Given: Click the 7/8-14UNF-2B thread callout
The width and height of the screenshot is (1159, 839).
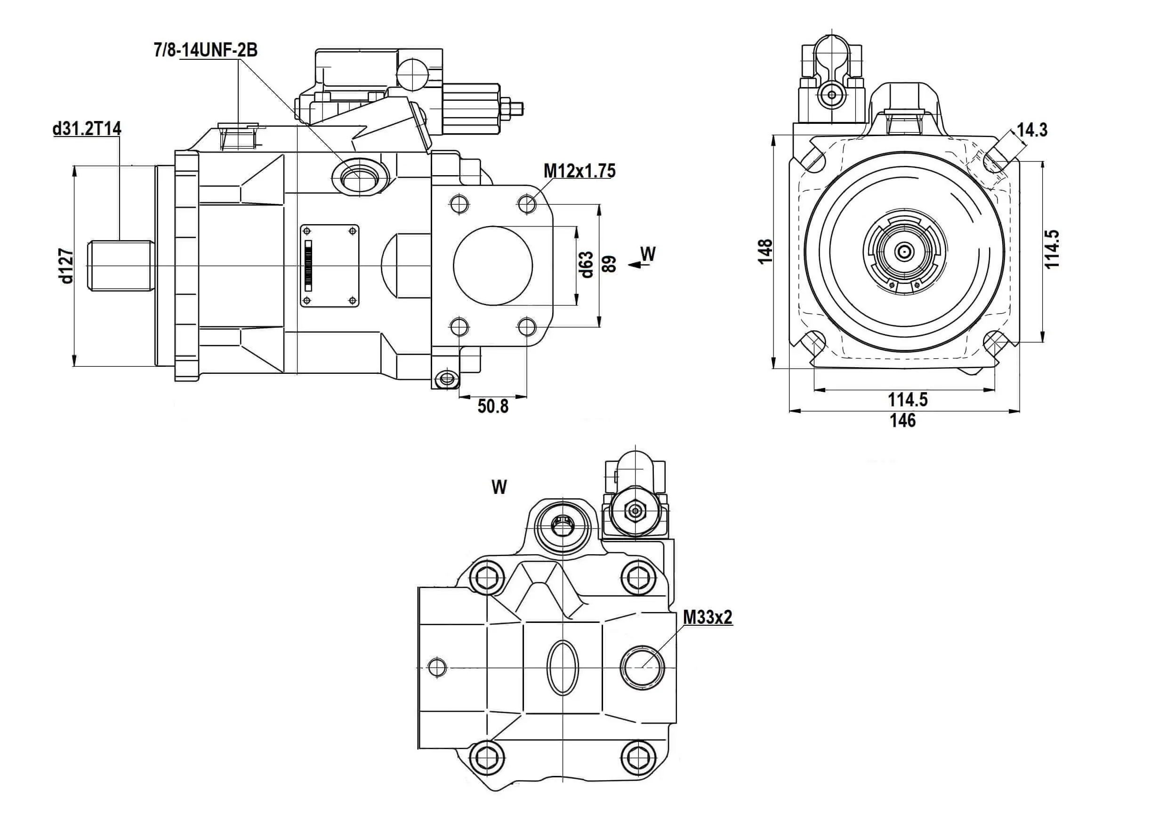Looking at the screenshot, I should [205, 50].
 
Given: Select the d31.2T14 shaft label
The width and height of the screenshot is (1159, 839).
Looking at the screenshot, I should [87, 129].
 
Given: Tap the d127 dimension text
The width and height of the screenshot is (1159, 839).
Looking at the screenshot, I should [67, 266].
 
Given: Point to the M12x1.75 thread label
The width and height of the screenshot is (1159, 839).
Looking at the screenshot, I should [579, 170].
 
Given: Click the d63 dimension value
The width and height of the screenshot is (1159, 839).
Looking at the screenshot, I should [587, 265].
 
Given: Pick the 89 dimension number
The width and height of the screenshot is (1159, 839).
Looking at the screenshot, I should [609, 264].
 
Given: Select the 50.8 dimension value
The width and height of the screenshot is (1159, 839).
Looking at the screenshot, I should [493, 406].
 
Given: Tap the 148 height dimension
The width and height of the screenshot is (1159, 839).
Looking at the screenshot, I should [765, 251].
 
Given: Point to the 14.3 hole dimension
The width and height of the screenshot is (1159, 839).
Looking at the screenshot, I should [1032, 130].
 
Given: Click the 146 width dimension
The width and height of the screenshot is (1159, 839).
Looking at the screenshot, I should [903, 420].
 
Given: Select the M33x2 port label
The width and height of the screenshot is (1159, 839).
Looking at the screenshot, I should [707, 617].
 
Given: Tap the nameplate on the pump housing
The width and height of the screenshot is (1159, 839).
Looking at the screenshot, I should [330, 266].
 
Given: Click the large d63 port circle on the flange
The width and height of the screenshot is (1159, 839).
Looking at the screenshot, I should [493, 266].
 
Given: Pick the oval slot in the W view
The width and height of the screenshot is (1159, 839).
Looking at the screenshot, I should [563, 668].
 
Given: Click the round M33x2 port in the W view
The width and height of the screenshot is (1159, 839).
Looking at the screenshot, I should [643, 667].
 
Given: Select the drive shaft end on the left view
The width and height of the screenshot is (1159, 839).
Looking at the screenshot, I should [121, 266].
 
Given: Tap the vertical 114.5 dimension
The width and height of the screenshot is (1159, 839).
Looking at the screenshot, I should [1053, 249].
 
